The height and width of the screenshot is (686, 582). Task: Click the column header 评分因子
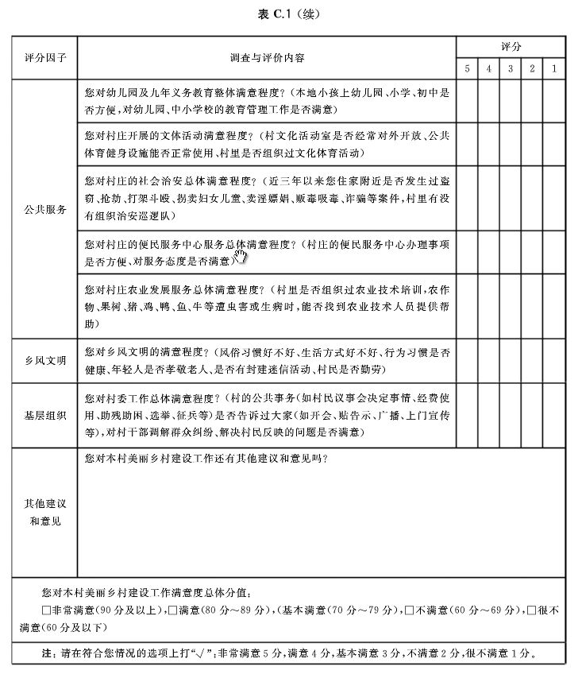tap(44, 59)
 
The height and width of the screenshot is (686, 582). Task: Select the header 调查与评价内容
tap(266, 59)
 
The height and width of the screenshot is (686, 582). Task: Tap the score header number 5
tap(467, 69)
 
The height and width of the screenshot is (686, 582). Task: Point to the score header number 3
tap(510, 69)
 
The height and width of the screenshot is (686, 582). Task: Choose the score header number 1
tap(553, 69)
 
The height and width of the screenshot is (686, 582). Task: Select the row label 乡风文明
tap(44, 361)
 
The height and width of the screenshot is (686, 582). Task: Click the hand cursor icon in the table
tap(241, 256)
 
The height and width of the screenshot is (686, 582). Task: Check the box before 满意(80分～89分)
tap(173, 610)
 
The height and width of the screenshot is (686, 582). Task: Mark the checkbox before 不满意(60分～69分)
tap(407, 610)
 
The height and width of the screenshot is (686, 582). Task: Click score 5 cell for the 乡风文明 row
tap(467, 361)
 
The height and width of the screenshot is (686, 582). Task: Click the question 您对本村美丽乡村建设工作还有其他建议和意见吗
tap(206, 459)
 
